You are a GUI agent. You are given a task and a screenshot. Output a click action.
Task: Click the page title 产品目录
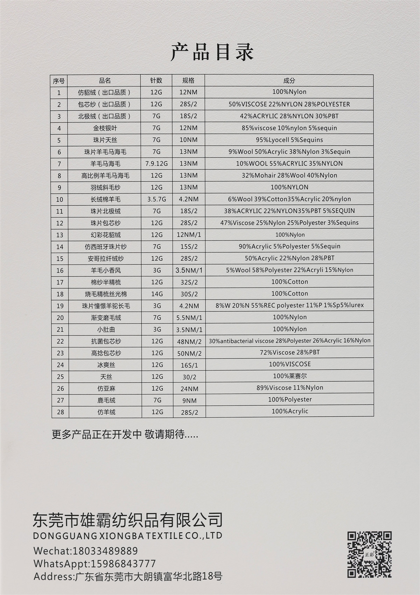(x=212, y=52)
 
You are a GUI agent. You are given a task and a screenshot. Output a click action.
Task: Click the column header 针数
(x=156, y=80)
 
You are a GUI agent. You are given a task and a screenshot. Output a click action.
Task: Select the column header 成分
(x=289, y=80)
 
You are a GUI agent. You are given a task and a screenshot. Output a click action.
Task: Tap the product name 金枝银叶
(x=105, y=128)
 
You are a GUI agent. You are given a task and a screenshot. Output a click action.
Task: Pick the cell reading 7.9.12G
(x=156, y=163)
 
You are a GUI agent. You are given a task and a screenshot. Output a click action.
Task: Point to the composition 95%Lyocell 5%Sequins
(x=289, y=140)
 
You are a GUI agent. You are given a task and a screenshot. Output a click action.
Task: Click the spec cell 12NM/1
(x=189, y=235)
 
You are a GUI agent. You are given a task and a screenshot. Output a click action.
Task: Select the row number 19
(x=60, y=306)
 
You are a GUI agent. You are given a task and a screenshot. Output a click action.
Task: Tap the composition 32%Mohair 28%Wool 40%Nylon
(x=289, y=175)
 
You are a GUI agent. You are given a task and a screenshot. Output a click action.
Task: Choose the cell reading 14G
(x=157, y=294)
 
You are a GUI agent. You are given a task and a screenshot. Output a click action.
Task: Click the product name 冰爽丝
(x=106, y=365)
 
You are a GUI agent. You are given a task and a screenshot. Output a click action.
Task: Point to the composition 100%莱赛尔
(x=289, y=376)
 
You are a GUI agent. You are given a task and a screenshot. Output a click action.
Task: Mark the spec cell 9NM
(x=189, y=400)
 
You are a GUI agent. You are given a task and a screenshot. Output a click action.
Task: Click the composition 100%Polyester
(x=289, y=399)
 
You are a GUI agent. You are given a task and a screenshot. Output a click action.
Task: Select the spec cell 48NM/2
(x=189, y=342)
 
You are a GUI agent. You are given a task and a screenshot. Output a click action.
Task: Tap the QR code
(x=369, y=555)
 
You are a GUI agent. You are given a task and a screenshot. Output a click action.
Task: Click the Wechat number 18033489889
(x=105, y=551)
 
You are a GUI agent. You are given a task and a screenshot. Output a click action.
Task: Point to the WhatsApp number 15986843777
(x=123, y=564)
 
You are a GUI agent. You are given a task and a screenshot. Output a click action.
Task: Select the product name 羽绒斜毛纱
(x=105, y=188)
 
